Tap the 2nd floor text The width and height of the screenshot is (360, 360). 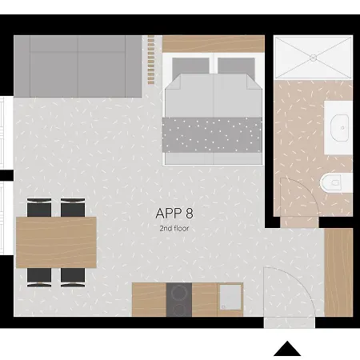[x=174, y=228]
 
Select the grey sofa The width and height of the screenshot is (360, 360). [x=78, y=66]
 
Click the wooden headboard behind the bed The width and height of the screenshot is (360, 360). [x=213, y=42]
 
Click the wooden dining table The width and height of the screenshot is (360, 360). [x=57, y=242]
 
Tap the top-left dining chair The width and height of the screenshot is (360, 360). [x=38, y=208]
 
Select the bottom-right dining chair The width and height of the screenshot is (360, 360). [x=73, y=277]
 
